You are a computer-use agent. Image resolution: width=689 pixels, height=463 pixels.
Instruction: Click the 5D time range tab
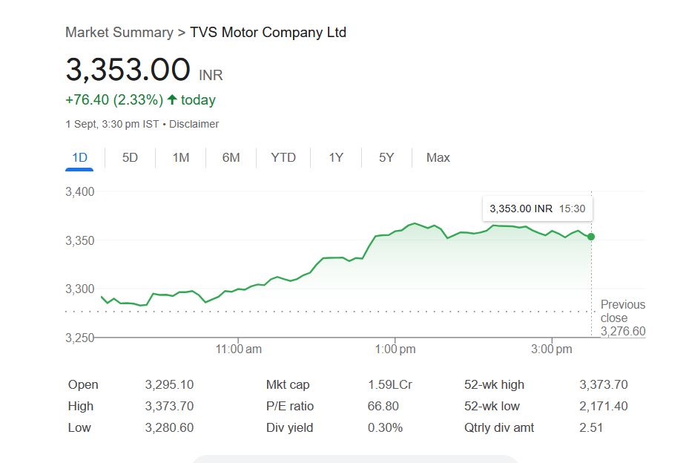[x=130, y=157]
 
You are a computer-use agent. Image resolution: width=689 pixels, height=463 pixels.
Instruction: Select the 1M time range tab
[x=180, y=157]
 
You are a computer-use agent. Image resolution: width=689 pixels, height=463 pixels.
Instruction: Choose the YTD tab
[x=283, y=157]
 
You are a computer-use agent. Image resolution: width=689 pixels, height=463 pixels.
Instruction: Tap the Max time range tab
[x=438, y=157]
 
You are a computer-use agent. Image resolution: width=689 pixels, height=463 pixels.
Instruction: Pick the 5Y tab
[x=386, y=157]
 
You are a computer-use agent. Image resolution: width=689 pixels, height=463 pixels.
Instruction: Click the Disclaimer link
[x=194, y=124]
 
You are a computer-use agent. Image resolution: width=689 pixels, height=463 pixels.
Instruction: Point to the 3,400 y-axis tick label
[x=80, y=192]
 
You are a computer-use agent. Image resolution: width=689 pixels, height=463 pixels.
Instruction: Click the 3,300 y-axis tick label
[x=80, y=289]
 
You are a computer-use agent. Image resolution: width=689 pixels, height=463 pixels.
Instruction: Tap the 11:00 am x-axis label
[x=239, y=349]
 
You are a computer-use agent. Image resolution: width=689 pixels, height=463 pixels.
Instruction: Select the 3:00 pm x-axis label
[x=553, y=349]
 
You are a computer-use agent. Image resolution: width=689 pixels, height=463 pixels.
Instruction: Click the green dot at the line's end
[x=591, y=237]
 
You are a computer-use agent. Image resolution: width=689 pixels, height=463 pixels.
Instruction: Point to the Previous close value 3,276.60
[x=623, y=331]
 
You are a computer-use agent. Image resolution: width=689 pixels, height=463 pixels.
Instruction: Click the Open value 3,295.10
[x=169, y=384]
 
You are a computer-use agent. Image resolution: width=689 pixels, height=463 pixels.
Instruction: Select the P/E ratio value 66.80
[x=383, y=406]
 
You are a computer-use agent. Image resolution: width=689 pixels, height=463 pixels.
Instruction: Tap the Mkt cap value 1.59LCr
[x=390, y=384]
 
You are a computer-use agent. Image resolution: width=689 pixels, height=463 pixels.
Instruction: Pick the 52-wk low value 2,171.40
[x=603, y=406]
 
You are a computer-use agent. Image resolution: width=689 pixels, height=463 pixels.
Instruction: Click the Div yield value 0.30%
[x=385, y=427]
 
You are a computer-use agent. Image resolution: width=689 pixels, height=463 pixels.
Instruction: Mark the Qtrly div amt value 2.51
[x=591, y=427]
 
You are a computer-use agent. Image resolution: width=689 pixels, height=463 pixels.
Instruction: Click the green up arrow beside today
[x=172, y=99]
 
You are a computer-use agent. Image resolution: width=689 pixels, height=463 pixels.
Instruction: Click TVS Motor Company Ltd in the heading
[x=268, y=32]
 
